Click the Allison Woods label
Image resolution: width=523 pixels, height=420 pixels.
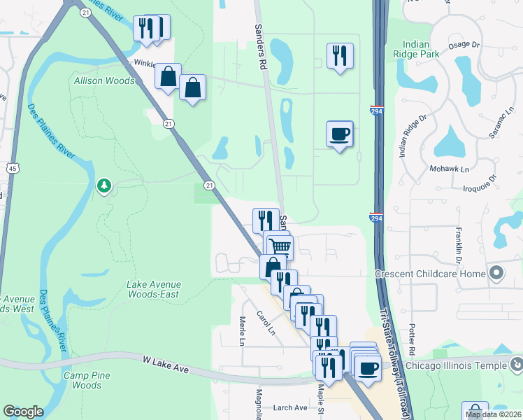pyautogui.click(x=104, y=80)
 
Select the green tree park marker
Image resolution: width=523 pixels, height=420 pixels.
pyautogui.click(x=104, y=185)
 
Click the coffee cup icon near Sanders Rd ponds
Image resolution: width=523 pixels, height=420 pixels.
pyautogui.click(x=340, y=134)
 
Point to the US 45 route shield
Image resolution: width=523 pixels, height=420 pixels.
pyautogui.click(x=13, y=168)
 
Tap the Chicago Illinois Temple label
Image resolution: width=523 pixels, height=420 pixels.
pyautogui.click(x=455, y=365)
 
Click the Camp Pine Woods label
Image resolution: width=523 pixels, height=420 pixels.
pyautogui.click(x=87, y=380)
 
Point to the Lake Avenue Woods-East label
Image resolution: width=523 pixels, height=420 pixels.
pyautogui.click(x=154, y=289)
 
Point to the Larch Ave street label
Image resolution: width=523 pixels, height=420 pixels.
pyautogui.click(x=290, y=407)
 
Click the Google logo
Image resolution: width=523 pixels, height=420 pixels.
pyautogui.click(x=23, y=412)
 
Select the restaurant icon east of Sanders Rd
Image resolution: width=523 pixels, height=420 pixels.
pyautogui.click(x=340, y=56)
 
